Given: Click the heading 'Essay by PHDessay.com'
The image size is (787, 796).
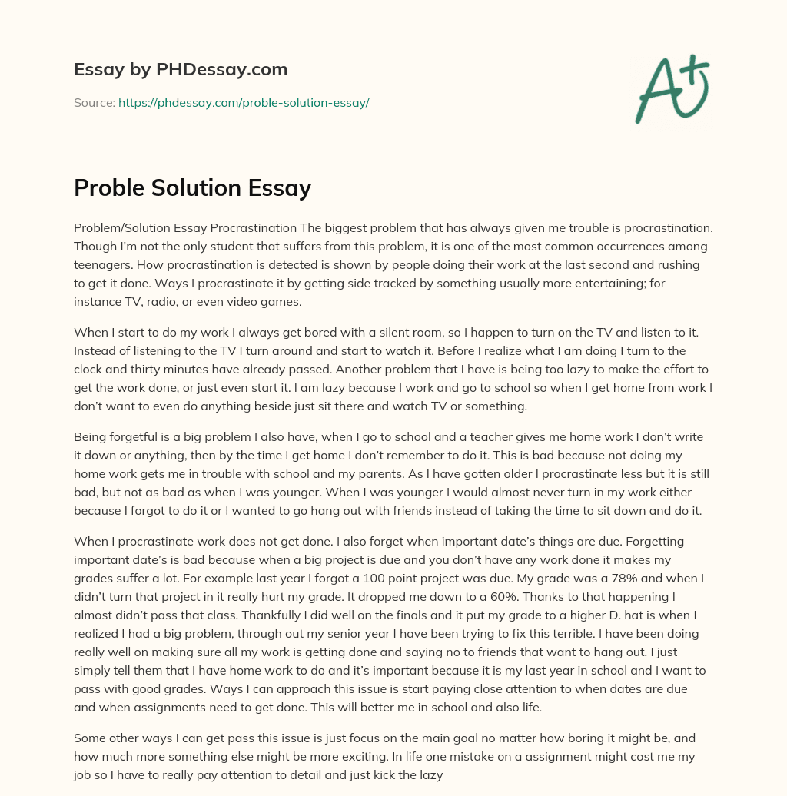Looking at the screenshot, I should pos(181,70).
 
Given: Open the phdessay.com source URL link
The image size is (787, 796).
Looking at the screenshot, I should pos(244,102).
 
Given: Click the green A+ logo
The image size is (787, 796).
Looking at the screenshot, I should pos(671,88).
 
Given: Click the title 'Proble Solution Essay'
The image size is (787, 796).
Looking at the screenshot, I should pos(192,187).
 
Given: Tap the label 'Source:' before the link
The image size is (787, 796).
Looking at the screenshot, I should pos(95,102).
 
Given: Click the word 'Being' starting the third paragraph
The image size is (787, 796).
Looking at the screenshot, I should pos(90,436).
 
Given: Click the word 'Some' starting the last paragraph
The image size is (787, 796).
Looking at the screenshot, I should pos(88,738).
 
